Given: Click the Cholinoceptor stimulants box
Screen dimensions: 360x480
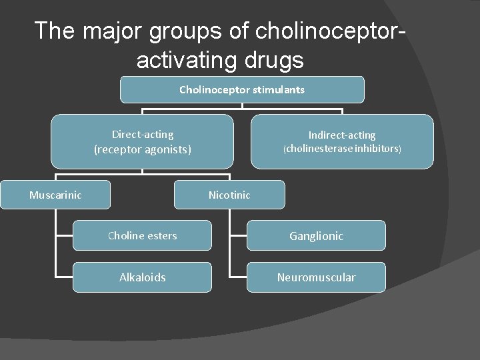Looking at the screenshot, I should [x=242, y=89].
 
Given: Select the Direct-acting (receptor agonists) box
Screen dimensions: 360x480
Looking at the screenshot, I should [x=142, y=141].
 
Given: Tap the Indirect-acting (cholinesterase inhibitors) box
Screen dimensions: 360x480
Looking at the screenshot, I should [x=342, y=141].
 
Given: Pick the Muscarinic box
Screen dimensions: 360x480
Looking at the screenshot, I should [x=55, y=195].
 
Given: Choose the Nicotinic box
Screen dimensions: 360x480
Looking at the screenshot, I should [x=229, y=195].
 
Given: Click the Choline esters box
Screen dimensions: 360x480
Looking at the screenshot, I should [x=142, y=235].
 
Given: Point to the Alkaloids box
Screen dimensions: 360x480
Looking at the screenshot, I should [x=142, y=277].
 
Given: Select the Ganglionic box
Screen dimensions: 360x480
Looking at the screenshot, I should [x=316, y=235].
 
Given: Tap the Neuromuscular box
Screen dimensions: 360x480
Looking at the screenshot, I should [x=316, y=277].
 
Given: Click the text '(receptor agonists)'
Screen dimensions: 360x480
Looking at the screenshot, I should [x=142, y=149].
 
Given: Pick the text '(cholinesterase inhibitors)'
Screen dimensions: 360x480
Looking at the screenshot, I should [x=342, y=149].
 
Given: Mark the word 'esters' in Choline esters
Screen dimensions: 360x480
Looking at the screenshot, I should [x=161, y=235].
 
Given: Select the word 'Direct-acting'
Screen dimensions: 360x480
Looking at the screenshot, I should [x=142, y=134].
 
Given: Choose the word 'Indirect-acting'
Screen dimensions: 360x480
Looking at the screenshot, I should [x=342, y=135].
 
